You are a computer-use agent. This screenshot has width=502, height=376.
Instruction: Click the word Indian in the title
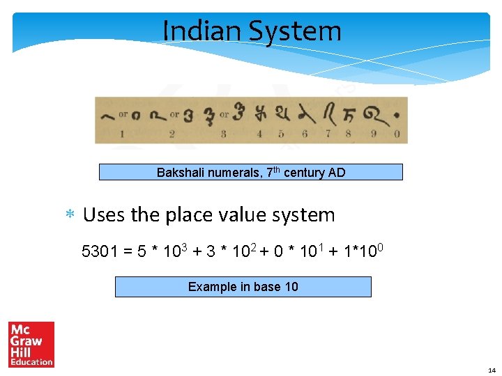(202, 31)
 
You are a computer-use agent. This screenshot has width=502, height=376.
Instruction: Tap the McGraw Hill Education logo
(31, 344)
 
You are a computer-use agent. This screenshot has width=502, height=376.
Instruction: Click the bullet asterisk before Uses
(70, 216)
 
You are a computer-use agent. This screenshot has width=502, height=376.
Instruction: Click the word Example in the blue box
(212, 287)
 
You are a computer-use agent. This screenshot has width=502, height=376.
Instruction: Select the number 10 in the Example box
(291, 287)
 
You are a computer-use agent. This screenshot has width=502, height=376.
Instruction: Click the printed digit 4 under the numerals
(259, 134)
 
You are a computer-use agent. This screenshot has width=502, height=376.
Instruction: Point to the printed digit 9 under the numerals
(373, 134)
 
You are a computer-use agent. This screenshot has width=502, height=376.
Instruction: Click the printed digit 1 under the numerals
(122, 134)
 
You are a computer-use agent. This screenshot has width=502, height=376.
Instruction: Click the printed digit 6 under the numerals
(305, 134)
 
